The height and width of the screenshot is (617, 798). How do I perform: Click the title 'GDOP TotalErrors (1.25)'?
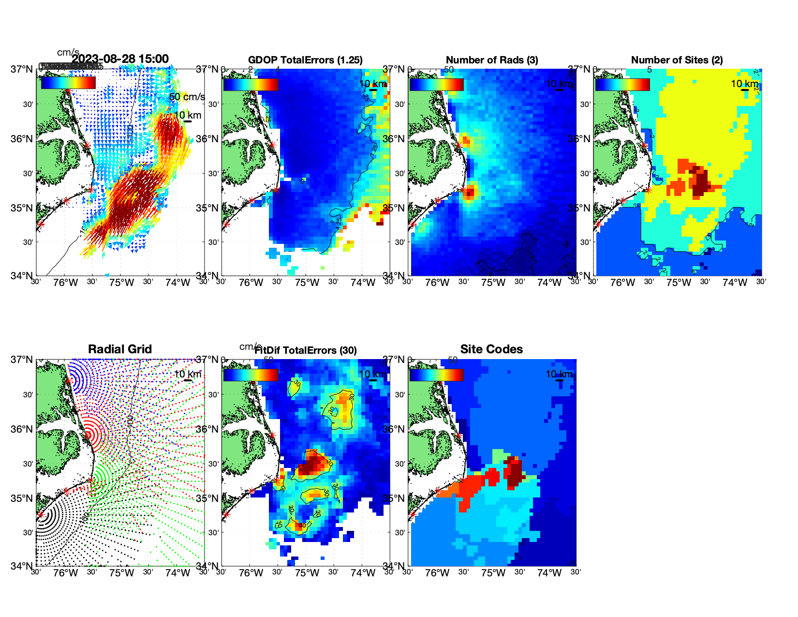[305, 60]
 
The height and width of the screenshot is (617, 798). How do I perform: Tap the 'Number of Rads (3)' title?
[492, 60]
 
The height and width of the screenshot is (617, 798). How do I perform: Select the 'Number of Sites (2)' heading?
[677, 60]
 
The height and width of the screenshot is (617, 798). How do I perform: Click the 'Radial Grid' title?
[120, 349]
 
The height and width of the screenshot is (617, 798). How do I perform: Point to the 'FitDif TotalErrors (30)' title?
[306, 350]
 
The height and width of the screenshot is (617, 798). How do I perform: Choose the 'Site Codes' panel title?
[491, 349]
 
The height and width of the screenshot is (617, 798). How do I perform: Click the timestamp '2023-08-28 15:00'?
[120, 59]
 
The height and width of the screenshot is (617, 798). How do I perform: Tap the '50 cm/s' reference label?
[187, 97]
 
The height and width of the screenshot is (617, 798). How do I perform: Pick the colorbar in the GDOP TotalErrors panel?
[251, 84]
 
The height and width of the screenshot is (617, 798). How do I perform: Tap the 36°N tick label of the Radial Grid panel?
[22, 429]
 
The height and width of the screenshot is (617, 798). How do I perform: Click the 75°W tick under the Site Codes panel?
[493, 573]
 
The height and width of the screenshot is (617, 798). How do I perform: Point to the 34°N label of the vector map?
[22, 276]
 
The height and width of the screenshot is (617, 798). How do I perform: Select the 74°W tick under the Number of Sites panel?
[734, 283]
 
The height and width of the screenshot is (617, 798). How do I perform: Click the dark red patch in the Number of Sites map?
[700, 181]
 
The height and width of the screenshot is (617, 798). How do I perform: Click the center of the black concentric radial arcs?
[41, 514]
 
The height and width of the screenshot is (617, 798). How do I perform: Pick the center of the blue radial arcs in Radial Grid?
[69, 380]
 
